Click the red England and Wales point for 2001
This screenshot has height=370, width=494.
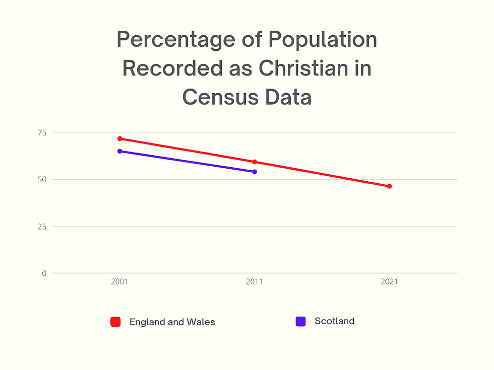120,138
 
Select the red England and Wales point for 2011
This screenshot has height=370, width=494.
255,162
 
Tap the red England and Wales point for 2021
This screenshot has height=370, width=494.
389,186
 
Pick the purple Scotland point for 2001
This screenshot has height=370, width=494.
120,151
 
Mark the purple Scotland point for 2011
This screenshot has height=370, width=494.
255,172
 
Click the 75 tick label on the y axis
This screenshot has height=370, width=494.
41,132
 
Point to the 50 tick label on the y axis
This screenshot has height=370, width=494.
41,179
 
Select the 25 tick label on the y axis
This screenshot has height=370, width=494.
41,226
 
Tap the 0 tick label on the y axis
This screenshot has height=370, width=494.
44,273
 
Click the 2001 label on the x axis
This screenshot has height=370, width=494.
120,282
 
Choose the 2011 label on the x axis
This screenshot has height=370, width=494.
255,282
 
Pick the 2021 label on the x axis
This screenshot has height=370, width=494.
389,282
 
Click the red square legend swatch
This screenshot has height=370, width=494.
115,322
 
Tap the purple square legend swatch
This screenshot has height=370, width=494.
300,321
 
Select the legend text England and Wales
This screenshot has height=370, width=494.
172,322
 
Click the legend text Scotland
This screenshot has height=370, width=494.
334,321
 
